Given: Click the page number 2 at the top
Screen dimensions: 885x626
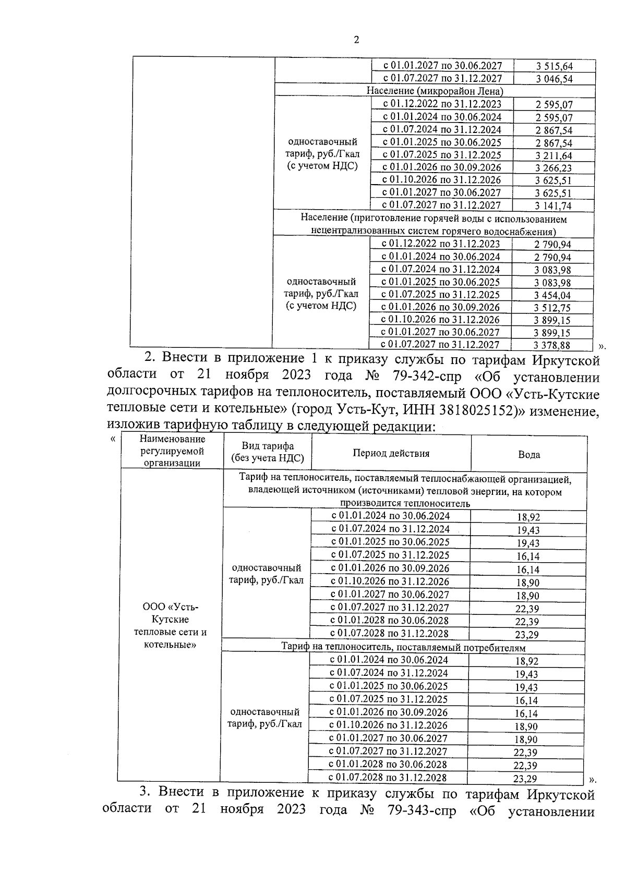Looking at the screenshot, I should click(x=356, y=40).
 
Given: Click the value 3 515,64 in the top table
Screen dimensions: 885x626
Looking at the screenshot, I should click(x=553, y=66).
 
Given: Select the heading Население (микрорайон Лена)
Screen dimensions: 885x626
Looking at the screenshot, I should click(x=435, y=91).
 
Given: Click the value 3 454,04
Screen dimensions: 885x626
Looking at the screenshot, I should click(x=552, y=295).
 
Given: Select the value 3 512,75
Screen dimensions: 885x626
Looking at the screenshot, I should click(x=552, y=308).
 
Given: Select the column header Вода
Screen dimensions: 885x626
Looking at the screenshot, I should click(x=528, y=454).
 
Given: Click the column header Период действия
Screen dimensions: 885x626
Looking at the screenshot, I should click(x=391, y=453).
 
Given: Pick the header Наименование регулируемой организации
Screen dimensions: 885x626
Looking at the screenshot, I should click(x=172, y=452).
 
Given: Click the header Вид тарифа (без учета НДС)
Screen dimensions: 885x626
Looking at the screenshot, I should click(x=267, y=453).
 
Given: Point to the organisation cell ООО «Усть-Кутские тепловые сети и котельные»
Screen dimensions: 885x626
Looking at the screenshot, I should click(x=171, y=626).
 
